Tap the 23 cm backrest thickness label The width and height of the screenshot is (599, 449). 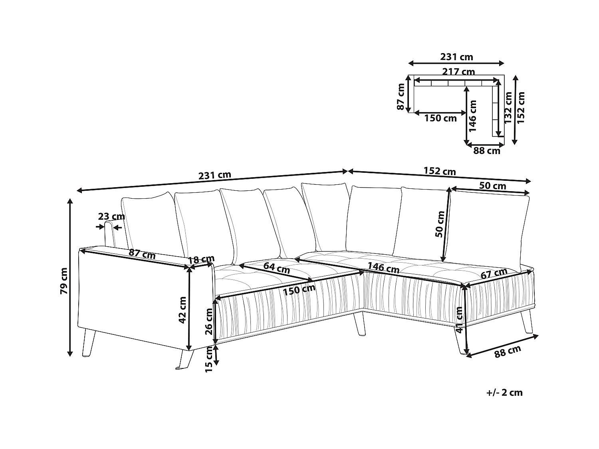[x=111, y=216]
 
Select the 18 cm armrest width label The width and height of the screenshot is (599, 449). [x=201, y=259]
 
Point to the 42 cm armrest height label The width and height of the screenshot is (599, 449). [x=182, y=310]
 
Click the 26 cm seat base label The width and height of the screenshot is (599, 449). [x=209, y=321]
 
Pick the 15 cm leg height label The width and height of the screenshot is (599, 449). [x=208, y=359]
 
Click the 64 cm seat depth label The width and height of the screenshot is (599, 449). [x=276, y=268]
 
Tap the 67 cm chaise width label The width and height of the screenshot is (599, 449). [x=494, y=273]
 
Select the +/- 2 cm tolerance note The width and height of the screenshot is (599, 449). [x=505, y=393]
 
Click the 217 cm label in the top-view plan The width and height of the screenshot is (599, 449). [x=458, y=72]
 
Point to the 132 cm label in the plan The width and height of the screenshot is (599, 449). [x=508, y=108]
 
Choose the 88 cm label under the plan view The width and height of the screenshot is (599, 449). [x=486, y=151]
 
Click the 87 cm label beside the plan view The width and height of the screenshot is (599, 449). [x=401, y=97]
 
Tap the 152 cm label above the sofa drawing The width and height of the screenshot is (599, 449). [x=440, y=171]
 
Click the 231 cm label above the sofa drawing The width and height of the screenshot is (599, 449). [x=215, y=175]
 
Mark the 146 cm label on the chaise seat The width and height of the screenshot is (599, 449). [x=383, y=267]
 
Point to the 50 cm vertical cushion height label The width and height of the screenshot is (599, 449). [x=440, y=224]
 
